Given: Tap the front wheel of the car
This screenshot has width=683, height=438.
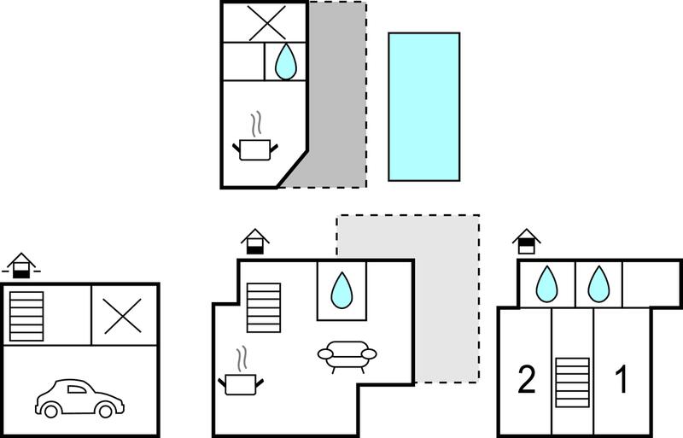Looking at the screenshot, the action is [105, 410].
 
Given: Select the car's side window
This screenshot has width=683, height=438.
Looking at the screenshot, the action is [77, 389].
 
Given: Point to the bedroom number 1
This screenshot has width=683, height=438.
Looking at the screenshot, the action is [622, 379].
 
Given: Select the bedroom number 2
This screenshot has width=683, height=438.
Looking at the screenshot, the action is [527, 379].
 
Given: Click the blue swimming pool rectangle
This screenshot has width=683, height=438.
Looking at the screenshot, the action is [423, 107].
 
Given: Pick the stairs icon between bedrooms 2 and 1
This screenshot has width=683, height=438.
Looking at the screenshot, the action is [572, 383].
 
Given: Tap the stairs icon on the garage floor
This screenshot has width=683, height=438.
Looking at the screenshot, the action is [26, 317].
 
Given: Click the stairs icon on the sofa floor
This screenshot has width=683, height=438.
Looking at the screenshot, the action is [264, 307].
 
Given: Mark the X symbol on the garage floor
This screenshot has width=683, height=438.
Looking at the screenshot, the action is [122, 316].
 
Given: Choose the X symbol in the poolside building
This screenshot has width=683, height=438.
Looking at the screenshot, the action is [267, 23].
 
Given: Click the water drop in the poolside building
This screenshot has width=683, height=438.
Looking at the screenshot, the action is [286, 61].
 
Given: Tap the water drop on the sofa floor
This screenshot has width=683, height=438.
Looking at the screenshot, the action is [341, 290].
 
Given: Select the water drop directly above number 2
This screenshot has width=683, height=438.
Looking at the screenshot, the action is [546, 284].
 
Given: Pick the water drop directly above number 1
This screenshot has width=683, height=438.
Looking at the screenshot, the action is [599, 284].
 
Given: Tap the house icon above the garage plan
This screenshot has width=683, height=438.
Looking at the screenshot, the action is [20, 266].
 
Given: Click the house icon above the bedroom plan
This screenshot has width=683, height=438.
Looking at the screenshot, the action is [527, 242].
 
